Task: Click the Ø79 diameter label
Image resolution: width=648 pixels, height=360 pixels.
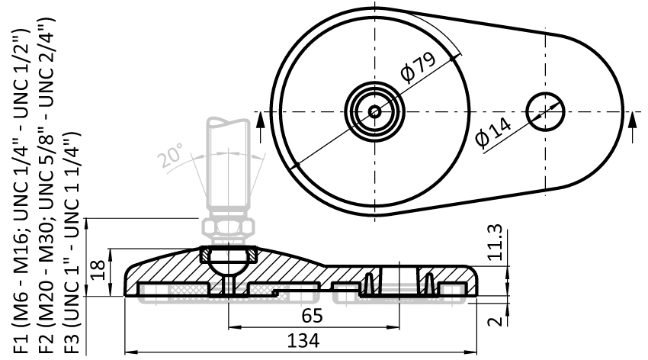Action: click(419, 67)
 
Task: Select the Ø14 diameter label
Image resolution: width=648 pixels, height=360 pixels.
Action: click(494, 132)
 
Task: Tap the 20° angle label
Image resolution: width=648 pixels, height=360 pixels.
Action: click(170, 155)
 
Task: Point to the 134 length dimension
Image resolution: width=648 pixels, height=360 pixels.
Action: click(303, 342)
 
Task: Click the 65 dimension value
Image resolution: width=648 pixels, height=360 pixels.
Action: click(312, 317)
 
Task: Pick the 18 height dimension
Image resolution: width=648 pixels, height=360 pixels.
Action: click(98, 270)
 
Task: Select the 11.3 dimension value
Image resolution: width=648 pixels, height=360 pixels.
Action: click(495, 243)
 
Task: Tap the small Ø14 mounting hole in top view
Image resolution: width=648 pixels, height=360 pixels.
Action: click(546, 111)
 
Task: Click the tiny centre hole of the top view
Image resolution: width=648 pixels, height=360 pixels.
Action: click(375, 111)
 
